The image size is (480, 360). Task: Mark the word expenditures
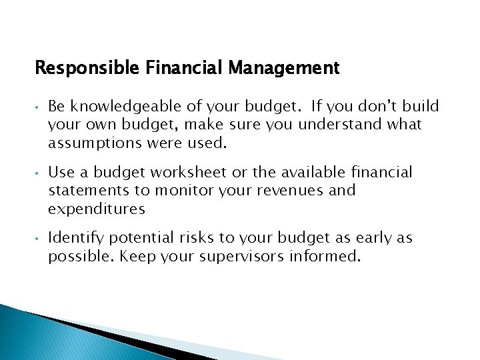pos(96,209)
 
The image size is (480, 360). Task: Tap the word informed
pos(329,257)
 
